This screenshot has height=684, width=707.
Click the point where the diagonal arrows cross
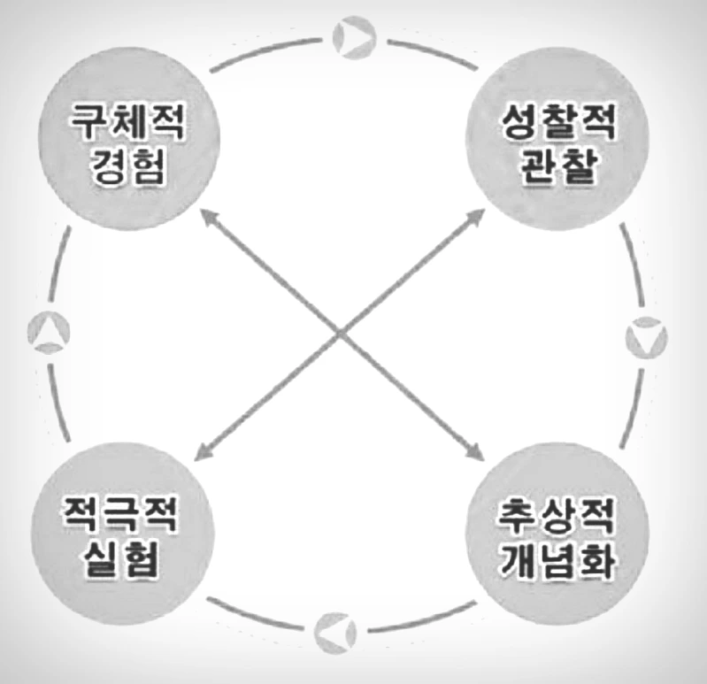coord(341,334)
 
